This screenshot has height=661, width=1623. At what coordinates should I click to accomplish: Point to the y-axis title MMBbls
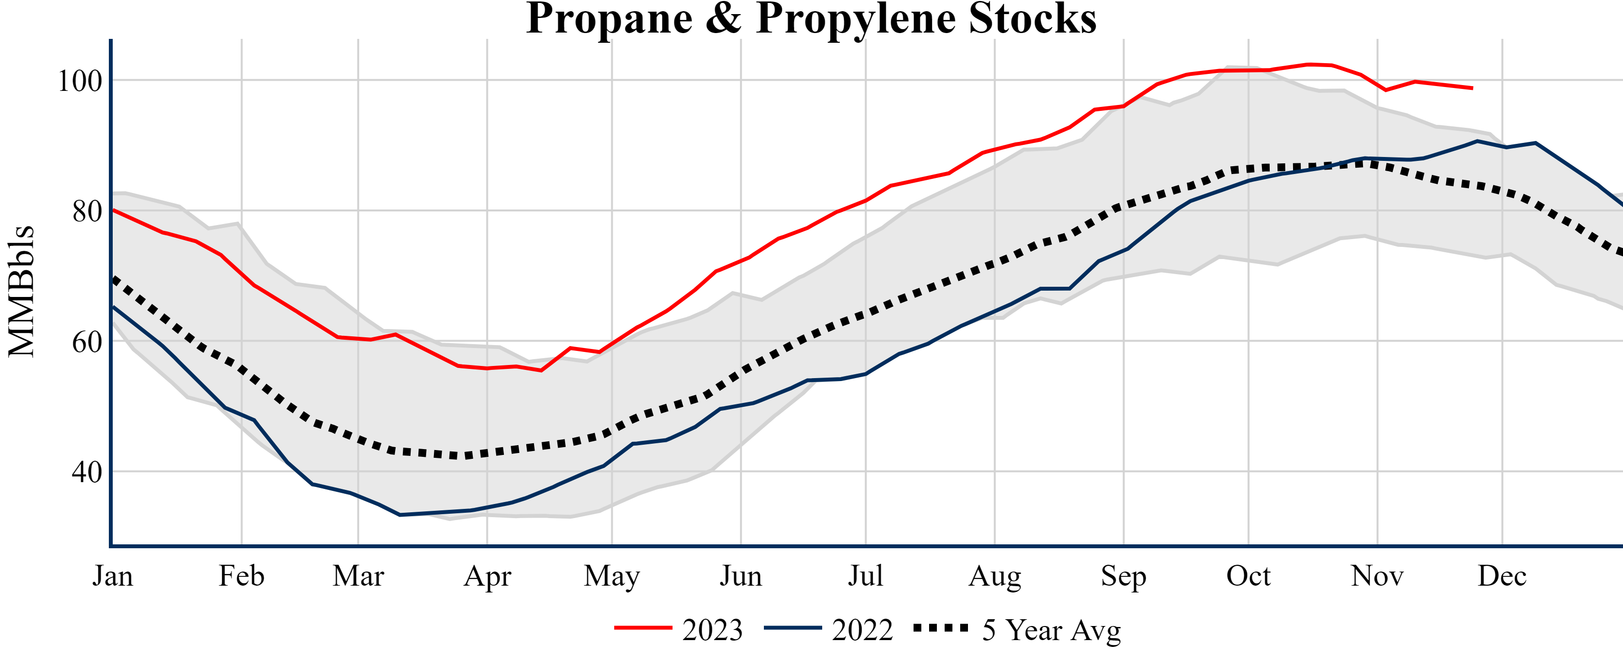click(21, 291)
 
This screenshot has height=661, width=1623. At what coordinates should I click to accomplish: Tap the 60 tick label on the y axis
click(87, 342)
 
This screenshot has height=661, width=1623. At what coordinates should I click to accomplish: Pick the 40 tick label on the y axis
click(87, 472)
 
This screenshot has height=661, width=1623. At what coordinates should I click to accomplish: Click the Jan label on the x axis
click(113, 575)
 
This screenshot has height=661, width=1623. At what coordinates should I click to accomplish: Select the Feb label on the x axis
click(242, 575)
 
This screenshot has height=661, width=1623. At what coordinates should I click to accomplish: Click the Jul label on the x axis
click(866, 575)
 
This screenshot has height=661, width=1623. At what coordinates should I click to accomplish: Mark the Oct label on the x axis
click(1248, 575)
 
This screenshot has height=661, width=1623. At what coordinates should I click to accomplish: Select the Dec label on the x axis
click(1502, 575)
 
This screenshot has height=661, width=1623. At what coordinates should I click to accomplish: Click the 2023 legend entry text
click(712, 629)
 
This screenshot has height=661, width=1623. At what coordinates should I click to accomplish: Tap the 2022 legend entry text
click(862, 629)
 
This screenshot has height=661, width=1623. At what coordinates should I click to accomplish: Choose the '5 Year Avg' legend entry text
click(1052, 629)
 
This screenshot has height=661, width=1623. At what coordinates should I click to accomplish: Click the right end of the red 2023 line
click(1472, 88)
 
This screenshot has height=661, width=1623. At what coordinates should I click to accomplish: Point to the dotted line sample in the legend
click(941, 627)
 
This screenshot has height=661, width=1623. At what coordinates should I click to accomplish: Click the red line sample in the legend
click(643, 627)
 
